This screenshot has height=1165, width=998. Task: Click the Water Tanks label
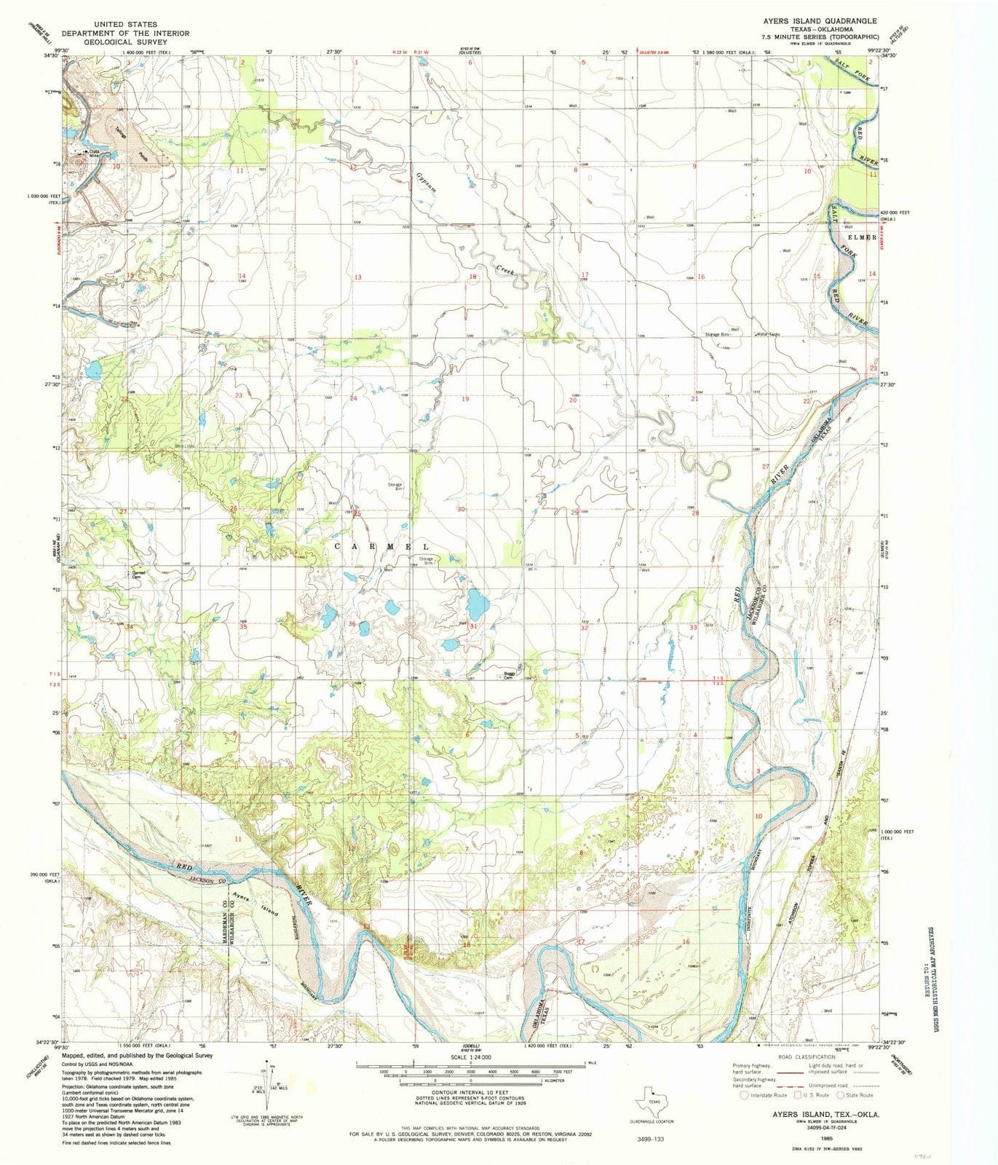pyautogui.click(x=771, y=334)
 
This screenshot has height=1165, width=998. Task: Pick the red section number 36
pyautogui.click(x=352, y=624)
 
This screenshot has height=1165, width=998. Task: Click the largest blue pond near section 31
pyautogui.click(x=477, y=602)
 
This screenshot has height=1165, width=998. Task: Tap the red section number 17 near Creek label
pyautogui.click(x=584, y=275)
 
